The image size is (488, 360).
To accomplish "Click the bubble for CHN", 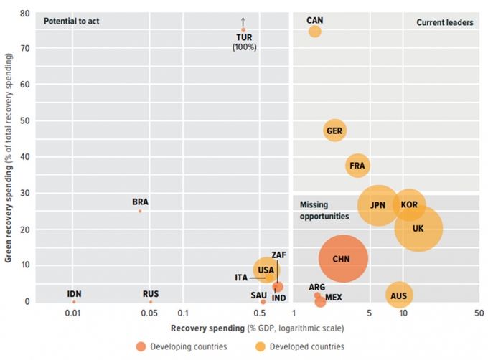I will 343,259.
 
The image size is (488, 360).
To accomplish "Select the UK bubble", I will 418,229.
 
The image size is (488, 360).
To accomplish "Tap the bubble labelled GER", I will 334,131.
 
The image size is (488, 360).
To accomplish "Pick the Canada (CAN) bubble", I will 314,32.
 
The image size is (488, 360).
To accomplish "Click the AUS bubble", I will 400,295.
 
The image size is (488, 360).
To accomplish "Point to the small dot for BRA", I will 140,211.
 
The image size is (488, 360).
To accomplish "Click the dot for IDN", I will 74,301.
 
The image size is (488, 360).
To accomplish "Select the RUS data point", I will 150,301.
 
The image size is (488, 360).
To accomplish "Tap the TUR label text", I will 244,37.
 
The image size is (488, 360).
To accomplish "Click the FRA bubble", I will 357,166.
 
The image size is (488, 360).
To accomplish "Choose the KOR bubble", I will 409,205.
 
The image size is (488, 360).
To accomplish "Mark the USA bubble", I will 266,270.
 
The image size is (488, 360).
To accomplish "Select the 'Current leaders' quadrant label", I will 445,22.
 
